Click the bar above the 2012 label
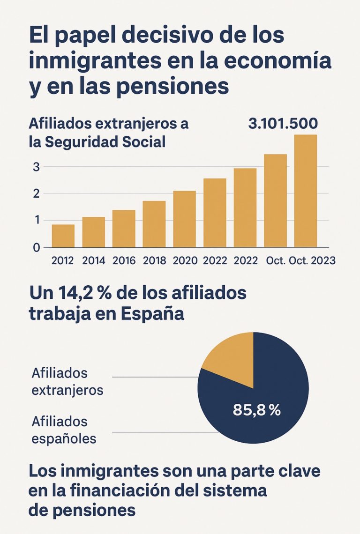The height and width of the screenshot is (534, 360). click(x=63, y=236)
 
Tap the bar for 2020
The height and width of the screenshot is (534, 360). click(x=184, y=219)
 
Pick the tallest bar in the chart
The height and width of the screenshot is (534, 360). click(x=306, y=191)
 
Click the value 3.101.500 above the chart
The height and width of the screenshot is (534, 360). click(x=283, y=124)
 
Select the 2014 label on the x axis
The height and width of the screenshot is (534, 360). click(x=93, y=261)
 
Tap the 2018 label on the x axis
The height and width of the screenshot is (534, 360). click(x=154, y=261)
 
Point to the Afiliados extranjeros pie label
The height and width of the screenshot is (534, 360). click(x=67, y=381)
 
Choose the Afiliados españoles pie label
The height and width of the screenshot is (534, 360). click(x=64, y=430)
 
